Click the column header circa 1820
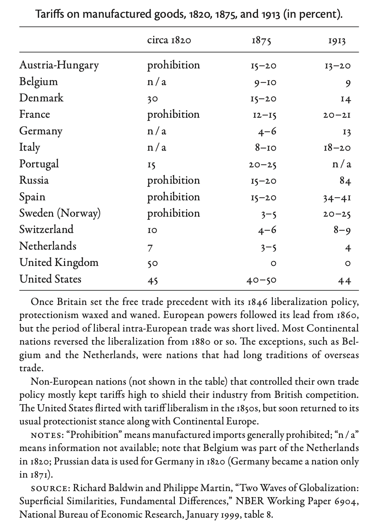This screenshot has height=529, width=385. pos(169,40)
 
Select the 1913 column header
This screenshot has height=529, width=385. pos(337,41)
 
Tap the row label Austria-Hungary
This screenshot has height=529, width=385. pos(59,65)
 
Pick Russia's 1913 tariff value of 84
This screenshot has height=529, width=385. pos(345,181)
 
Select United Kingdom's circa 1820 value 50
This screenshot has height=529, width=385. pos(153,263)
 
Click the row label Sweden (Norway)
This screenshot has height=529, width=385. pos(60,213)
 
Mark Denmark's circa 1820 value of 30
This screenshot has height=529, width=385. pos(153,99)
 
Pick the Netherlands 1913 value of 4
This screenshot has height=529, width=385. pos(348,247)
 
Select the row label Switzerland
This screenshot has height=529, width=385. pos(46,229)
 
